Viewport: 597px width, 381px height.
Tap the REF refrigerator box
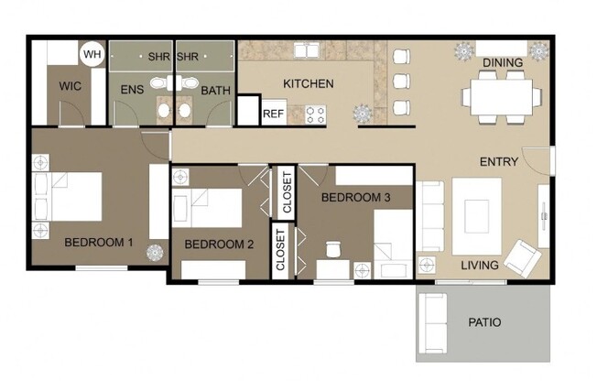273,114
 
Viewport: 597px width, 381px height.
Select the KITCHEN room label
308,84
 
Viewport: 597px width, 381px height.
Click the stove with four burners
317,114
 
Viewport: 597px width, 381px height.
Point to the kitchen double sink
305,49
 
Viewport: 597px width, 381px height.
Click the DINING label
503,63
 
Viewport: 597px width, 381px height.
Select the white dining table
497,95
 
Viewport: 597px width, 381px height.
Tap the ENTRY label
499,162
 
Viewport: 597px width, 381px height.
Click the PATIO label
484,323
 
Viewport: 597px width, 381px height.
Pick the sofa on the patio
431,324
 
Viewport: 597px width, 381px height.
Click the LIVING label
480,266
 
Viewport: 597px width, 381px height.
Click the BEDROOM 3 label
356,197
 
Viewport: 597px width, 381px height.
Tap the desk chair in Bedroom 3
332,248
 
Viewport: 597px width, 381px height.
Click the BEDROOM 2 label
219,245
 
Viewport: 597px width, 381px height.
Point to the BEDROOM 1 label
99,244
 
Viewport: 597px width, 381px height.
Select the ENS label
132,90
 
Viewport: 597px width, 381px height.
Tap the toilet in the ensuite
163,111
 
